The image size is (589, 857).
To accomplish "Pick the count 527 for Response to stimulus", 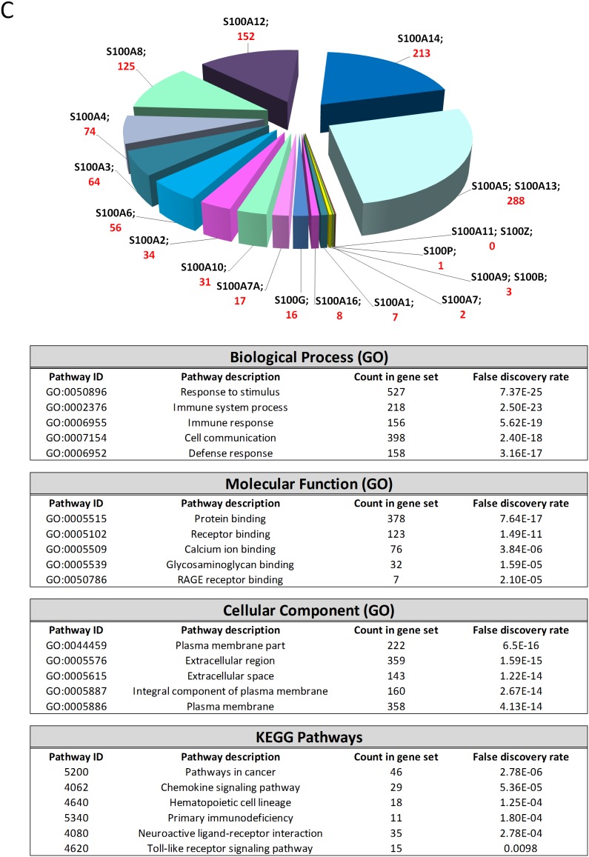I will [x=396, y=393].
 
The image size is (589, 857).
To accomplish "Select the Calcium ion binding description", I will [x=234, y=549].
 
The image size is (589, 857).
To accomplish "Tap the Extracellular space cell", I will [x=234, y=676].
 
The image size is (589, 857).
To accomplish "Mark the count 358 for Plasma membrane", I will [x=396, y=707].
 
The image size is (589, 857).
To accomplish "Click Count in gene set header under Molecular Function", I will [x=396, y=503].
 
